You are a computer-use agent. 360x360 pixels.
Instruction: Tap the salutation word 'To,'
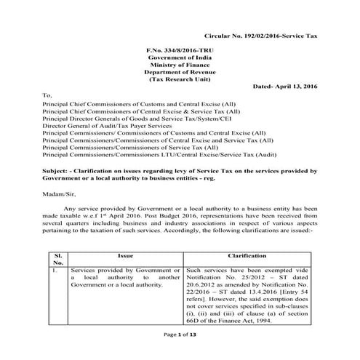tap(48, 95)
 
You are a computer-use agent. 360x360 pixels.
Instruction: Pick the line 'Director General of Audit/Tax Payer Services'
tap(117, 126)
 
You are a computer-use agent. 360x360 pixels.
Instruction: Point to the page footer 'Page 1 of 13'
tap(180, 353)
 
